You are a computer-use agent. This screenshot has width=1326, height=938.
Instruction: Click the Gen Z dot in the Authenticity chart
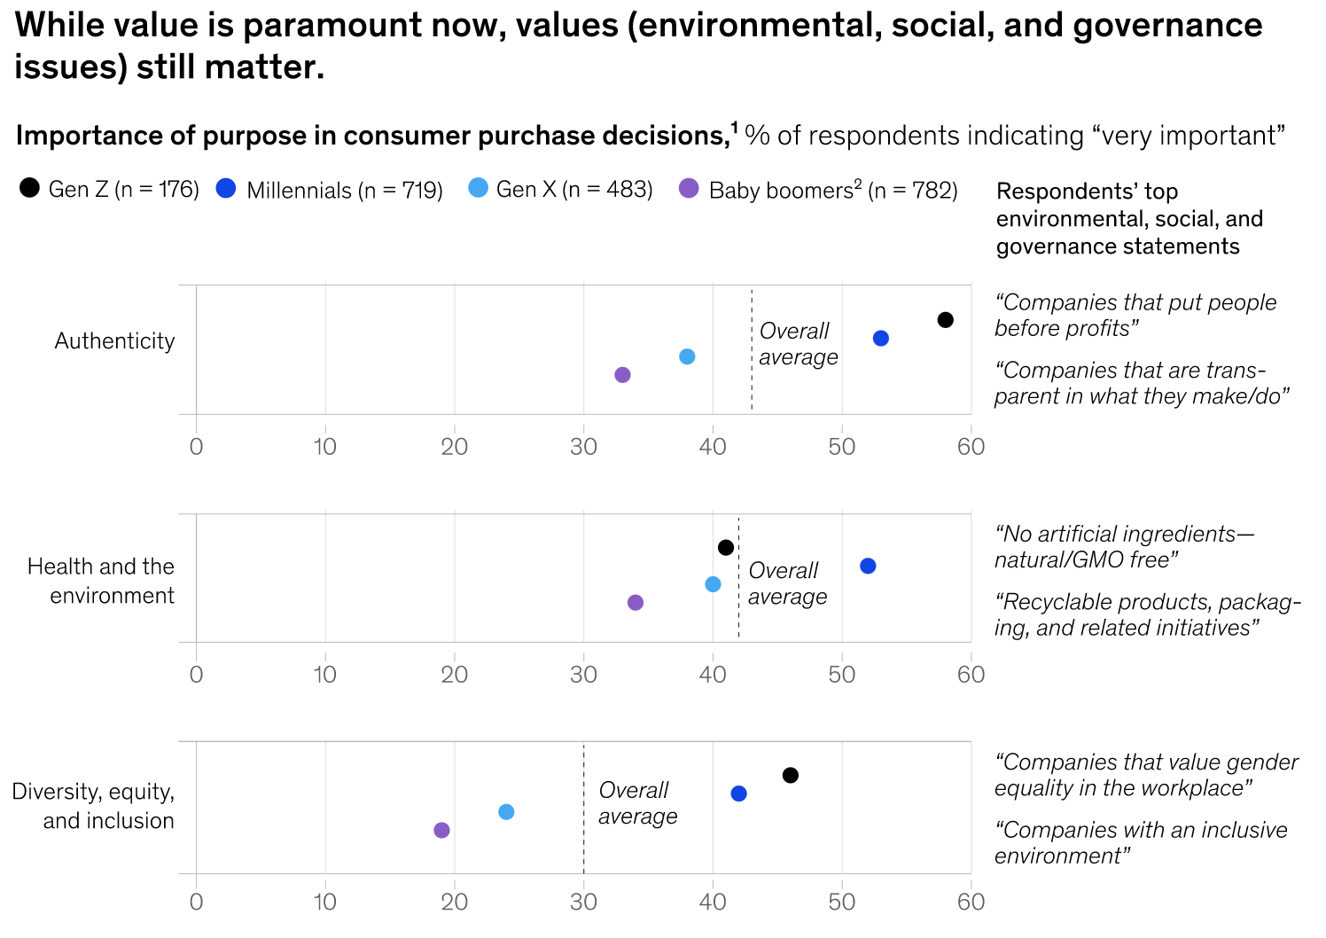coord(945,320)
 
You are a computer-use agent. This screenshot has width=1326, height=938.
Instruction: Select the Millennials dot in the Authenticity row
coord(880,338)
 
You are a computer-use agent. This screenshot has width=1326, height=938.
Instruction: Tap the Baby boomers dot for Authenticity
coord(622,375)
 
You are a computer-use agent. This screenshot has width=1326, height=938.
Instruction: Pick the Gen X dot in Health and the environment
coord(713,584)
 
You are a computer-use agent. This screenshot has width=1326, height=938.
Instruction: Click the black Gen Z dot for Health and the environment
coord(725,548)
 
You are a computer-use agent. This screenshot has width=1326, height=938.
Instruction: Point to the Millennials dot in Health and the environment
coord(868,566)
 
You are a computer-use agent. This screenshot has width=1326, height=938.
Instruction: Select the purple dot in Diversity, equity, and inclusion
coord(441,830)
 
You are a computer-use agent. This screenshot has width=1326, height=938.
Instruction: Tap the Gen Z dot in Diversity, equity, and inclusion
coord(790,776)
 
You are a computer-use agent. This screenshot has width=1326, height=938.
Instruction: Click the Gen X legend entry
coord(560,190)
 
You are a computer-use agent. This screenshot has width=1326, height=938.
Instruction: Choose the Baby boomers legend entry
coord(817,191)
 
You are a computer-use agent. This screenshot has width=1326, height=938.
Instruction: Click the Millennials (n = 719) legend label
coord(344,191)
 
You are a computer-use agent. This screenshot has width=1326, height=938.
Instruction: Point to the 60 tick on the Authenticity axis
coord(971,446)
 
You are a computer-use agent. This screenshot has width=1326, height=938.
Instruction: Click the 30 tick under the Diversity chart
coord(583,902)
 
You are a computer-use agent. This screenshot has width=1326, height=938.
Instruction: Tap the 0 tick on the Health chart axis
coord(196,674)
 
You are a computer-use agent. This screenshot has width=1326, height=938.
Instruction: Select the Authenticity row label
coord(114,341)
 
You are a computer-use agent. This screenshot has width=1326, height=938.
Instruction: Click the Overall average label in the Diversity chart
coord(637,803)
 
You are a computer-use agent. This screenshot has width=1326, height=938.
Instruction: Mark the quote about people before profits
coord(1135,316)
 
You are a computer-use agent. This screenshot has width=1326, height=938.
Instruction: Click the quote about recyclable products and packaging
coord(1147,614)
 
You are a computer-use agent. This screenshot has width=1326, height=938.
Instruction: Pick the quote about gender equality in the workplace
coord(1145,775)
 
